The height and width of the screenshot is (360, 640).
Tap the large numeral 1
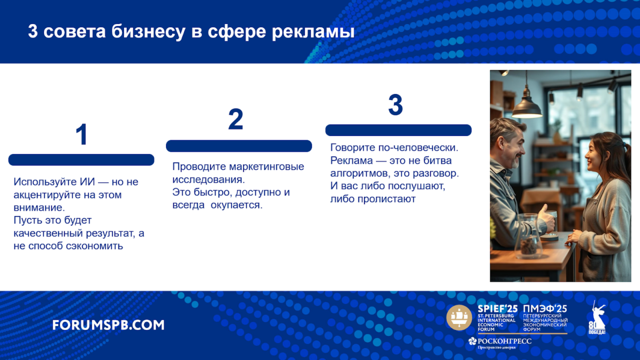(x=82, y=134)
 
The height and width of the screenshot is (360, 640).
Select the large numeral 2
(x=236, y=120)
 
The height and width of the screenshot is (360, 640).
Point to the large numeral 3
(x=396, y=105)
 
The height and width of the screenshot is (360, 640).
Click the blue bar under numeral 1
(x=81, y=160)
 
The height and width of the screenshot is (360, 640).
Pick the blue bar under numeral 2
(x=239, y=146)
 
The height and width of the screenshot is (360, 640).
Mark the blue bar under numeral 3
(x=398, y=130)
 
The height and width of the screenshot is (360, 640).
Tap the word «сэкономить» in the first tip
(x=96, y=246)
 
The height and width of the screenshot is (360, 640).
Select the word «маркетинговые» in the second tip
(x=267, y=167)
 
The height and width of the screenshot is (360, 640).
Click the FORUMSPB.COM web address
(x=108, y=325)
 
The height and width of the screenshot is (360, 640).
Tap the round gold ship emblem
(x=459, y=317)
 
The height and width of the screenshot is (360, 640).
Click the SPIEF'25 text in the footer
(x=497, y=309)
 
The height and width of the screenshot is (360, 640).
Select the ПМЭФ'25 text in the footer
(x=545, y=309)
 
